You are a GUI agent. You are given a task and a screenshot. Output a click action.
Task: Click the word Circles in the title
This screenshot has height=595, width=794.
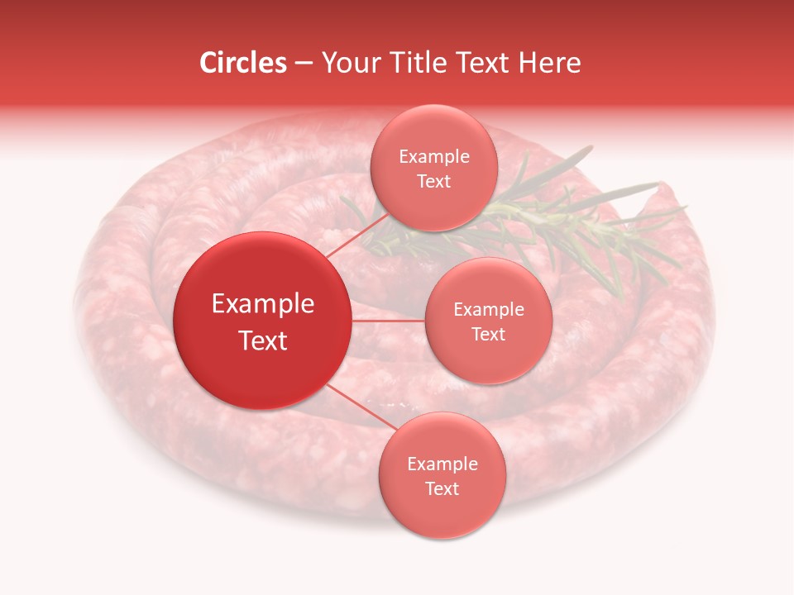pos(243,63)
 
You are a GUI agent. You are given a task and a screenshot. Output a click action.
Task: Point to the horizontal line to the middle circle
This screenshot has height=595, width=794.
pos(389,321)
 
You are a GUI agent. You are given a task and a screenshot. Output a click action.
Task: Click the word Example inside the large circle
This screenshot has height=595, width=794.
pos(263,304)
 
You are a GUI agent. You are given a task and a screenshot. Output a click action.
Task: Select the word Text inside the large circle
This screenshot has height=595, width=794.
pos(263,340)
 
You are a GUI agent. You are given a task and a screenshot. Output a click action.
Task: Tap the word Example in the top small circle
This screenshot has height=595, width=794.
pos(433,157)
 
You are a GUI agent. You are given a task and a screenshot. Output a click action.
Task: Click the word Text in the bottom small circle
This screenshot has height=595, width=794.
pos(442,489)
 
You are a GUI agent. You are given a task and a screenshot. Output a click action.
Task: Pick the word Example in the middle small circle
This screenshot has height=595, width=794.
pos(488,310)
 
